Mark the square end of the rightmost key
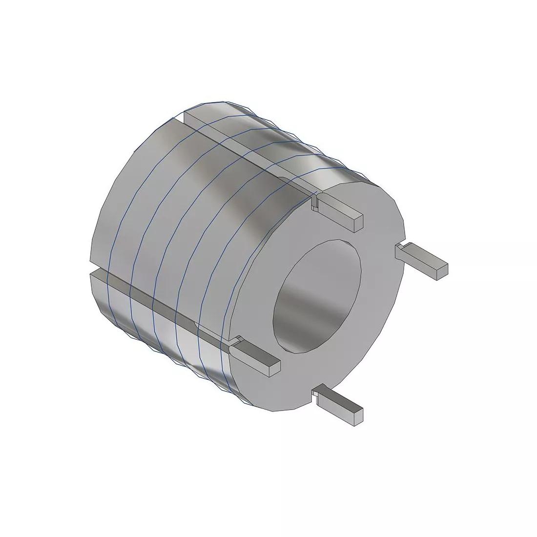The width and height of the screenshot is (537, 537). pos(442,271)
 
